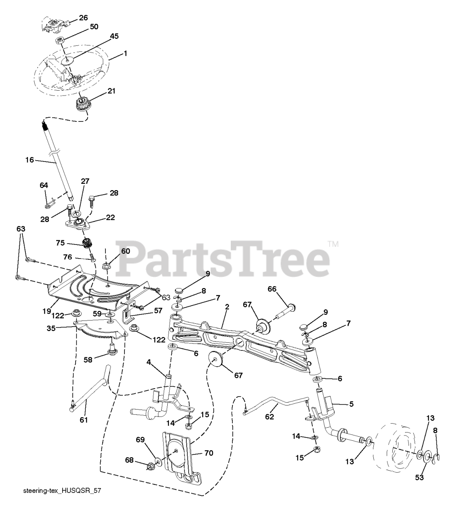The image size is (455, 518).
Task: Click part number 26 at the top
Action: tap(83, 18)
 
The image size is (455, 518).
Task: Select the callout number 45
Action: tap(114, 36)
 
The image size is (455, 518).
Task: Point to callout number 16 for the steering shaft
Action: tap(29, 160)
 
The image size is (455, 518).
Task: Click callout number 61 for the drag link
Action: tap(83, 420)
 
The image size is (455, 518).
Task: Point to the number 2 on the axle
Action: tap(227, 307)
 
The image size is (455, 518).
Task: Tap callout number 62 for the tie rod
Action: tap(270, 416)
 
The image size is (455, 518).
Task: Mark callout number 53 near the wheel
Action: tap(419, 478)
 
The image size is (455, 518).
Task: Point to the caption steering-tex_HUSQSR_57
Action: tap(62, 490)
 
